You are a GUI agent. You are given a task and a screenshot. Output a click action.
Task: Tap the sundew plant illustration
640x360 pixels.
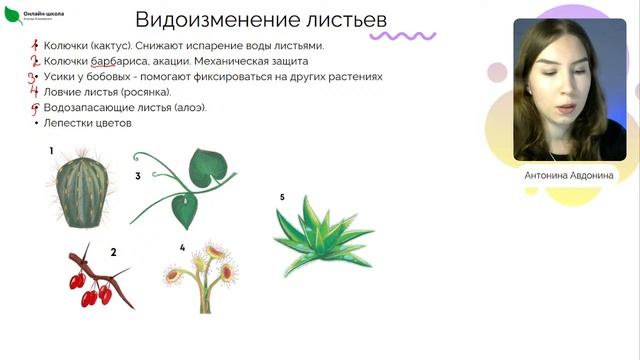(204, 271)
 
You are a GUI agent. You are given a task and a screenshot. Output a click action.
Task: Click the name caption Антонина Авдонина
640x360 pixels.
(569, 175)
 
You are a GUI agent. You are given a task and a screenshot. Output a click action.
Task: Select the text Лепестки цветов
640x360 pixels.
(88, 123)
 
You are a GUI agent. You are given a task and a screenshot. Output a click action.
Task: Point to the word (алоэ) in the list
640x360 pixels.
(185, 107)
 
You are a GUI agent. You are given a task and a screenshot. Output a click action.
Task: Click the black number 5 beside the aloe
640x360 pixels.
(282, 197)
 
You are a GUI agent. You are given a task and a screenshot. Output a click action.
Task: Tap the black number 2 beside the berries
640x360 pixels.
(113, 252)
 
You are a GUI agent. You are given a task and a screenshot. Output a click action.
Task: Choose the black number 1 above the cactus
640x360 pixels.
(51, 151)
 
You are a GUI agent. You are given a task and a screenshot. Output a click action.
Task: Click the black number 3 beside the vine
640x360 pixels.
(138, 176)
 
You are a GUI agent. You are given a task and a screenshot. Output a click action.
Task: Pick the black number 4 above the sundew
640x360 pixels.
(182, 246)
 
